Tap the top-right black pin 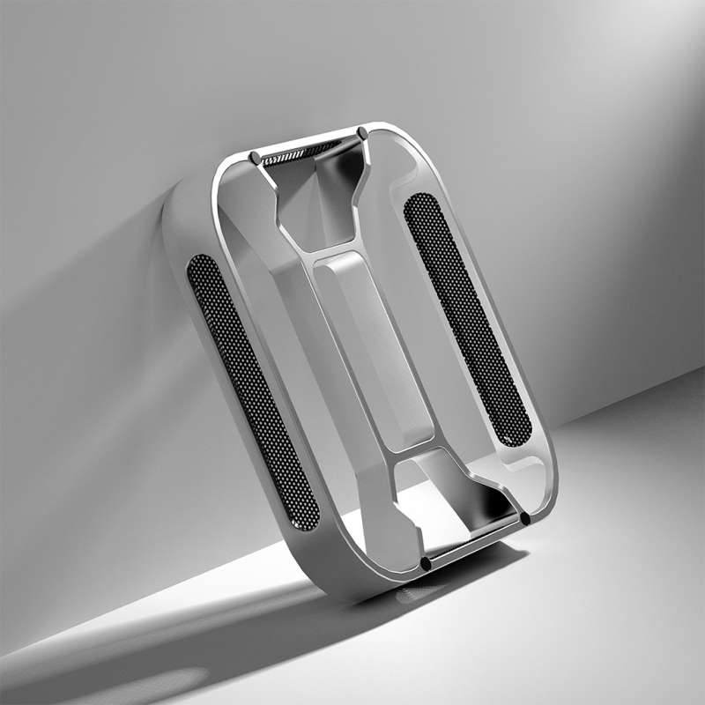pos(362,133)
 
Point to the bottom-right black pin pos(525,519)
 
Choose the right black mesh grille pos(466,317)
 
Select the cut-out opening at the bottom pos(458,502)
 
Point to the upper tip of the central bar pos(339,257)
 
